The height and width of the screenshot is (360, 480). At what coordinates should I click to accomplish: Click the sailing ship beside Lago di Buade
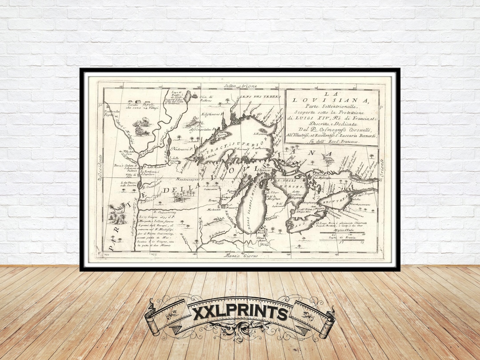click(x=188, y=95)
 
